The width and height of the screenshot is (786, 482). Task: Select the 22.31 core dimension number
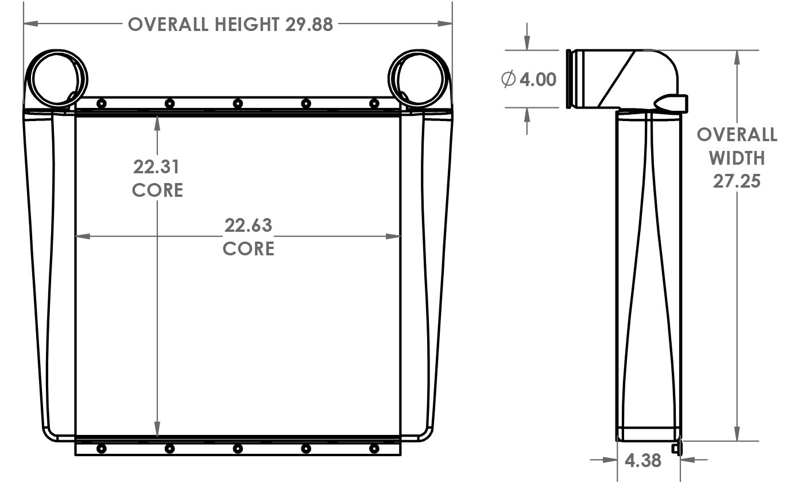(x=157, y=167)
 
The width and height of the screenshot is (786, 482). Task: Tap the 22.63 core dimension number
(x=248, y=226)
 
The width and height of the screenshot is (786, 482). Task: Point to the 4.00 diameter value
(x=538, y=79)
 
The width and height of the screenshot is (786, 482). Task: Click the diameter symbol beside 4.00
(x=508, y=79)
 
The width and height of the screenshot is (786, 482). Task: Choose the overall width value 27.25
(x=737, y=181)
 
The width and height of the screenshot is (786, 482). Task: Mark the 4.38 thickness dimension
(x=642, y=460)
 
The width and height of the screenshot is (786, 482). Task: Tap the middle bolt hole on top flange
(x=238, y=103)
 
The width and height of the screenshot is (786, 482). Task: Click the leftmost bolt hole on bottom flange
(x=102, y=448)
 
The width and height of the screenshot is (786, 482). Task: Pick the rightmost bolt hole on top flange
(x=374, y=103)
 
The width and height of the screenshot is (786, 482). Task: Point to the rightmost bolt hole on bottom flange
(x=374, y=448)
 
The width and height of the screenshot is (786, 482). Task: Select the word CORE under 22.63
(x=248, y=249)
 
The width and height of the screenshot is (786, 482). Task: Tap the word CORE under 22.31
(x=157, y=190)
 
